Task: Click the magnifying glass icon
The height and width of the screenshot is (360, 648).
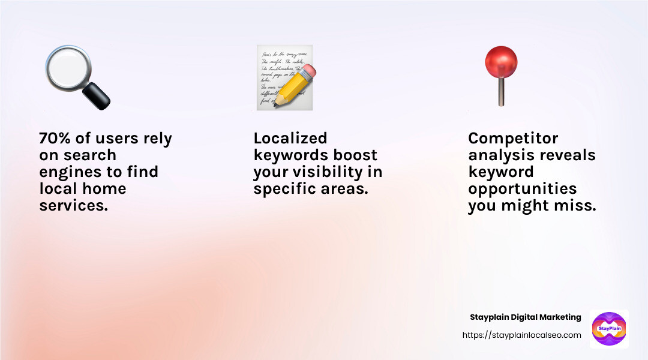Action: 77,78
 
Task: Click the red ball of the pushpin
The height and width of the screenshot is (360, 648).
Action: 501,62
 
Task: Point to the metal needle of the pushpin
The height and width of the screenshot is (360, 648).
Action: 501,93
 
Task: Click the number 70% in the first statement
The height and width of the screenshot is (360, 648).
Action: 55,139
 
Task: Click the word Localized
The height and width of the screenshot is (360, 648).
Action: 290,139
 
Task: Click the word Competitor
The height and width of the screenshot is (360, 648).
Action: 513,139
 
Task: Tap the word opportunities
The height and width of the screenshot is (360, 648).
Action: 522,189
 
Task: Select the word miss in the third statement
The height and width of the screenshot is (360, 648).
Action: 577,206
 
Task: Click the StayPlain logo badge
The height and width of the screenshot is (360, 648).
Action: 609,329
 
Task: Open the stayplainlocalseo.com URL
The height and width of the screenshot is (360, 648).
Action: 521,335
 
